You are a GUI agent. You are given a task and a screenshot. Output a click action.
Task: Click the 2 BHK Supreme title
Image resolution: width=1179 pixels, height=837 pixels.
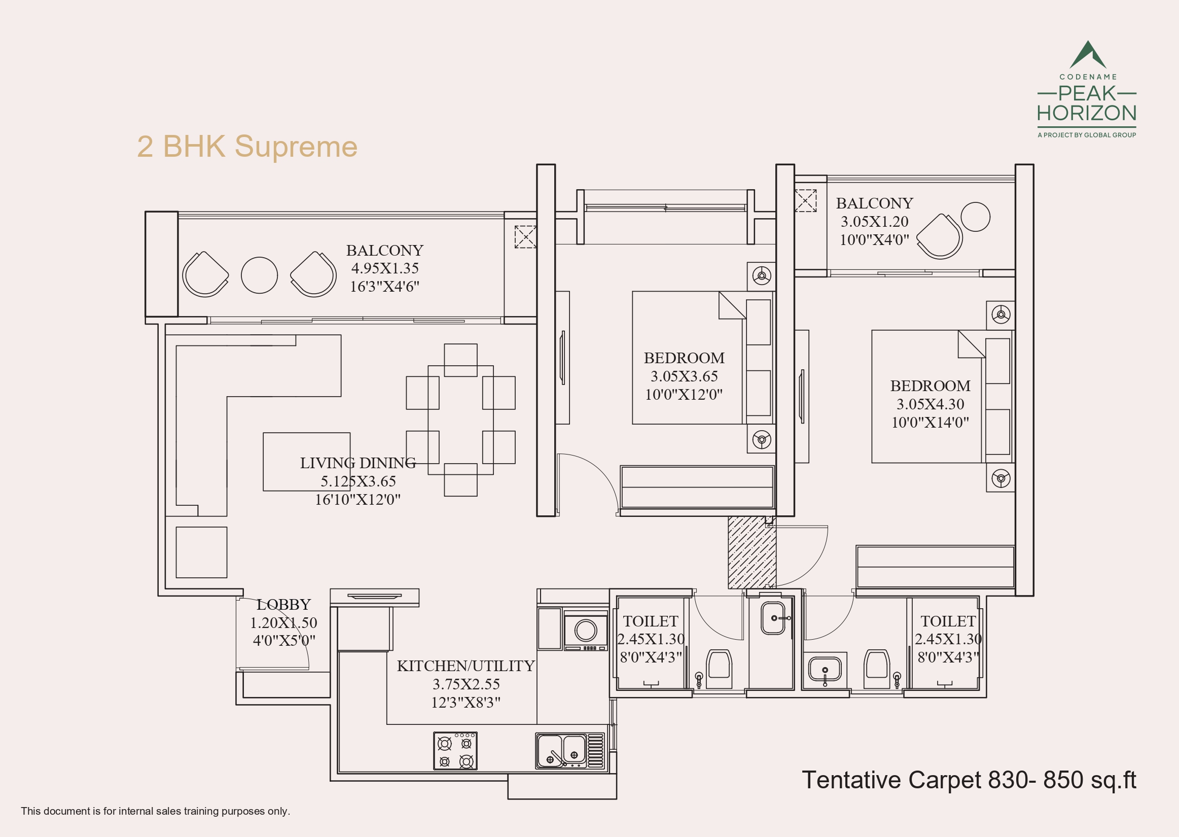point(247,147)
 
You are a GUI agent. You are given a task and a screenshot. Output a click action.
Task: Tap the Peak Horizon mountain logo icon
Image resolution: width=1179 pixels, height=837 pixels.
point(1087,55)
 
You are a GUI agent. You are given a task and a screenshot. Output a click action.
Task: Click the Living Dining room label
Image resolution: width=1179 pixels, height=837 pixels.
point(358,463)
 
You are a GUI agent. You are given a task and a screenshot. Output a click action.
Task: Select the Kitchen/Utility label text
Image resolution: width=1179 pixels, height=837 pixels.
point(466,666)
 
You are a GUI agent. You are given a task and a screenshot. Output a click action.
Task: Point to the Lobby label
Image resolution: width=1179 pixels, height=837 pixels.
point(283,604)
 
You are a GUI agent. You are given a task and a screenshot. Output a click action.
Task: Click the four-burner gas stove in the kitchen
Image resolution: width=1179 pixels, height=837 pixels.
point(455,751)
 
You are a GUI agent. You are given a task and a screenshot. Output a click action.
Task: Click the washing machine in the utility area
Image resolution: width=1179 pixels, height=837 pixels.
point(586,631)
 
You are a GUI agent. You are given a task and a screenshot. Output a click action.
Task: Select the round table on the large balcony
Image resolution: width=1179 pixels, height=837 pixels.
point(260,275)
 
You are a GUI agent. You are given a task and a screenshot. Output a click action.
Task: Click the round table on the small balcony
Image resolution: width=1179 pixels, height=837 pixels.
point(976,217)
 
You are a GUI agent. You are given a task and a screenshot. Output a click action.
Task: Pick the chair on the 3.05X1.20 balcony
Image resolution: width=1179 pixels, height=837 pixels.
point(940,235)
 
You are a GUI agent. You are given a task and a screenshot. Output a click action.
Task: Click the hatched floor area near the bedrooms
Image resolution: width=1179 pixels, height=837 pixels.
point(752,552)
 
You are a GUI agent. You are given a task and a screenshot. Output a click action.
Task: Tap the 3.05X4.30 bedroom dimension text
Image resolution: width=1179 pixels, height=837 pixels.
point(930,404)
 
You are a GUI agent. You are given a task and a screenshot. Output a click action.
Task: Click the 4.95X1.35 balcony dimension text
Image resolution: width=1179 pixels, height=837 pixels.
point(385,268)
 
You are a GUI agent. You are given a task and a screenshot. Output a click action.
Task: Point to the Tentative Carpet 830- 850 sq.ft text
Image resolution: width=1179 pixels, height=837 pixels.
point(969,780)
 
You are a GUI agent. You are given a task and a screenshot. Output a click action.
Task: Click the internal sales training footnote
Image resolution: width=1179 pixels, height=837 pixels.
point(155,811)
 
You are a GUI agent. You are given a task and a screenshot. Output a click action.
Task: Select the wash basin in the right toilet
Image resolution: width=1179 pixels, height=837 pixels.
point(825,670)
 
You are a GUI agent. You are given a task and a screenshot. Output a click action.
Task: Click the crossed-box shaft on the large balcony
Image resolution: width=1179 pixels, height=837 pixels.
point(525,236)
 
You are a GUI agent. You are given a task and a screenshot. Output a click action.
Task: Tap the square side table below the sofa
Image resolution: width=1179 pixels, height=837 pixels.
point(201,552)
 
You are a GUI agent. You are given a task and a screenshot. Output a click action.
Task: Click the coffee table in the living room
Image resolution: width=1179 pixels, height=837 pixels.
point(306,462)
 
